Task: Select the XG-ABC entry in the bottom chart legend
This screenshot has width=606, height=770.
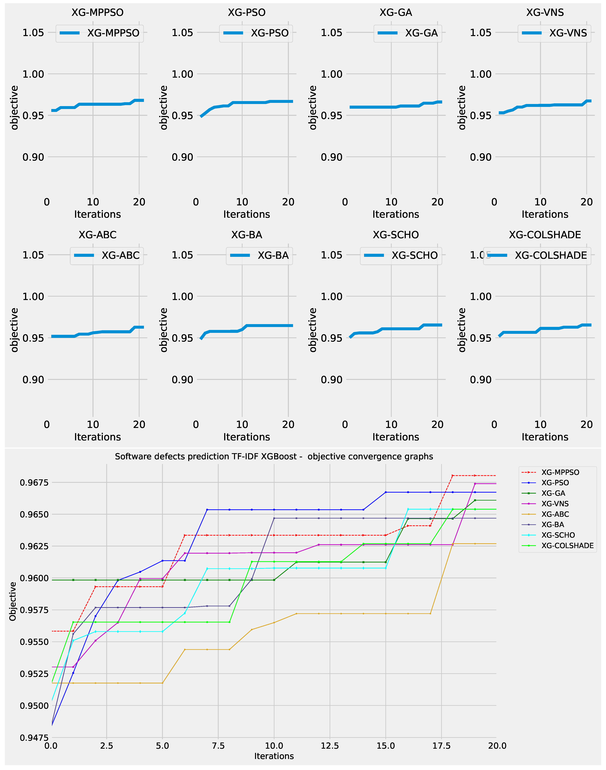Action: (x=555, y=514)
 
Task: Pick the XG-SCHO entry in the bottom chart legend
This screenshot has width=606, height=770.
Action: (x=558, y=535)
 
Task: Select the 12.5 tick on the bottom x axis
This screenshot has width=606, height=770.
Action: (x=330, y=746)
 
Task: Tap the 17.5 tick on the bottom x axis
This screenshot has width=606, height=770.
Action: (x=441, y=746)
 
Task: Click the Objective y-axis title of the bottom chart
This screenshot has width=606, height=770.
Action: (x=13, y=601)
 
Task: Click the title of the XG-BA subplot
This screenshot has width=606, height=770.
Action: (x=247, y=235)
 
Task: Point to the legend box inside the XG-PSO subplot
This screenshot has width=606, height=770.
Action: (x=256, y=33)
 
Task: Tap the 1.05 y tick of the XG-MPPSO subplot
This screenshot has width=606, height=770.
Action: (x=33, y=33)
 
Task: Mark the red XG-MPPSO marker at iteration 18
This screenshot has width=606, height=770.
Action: (x=452, y=475)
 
